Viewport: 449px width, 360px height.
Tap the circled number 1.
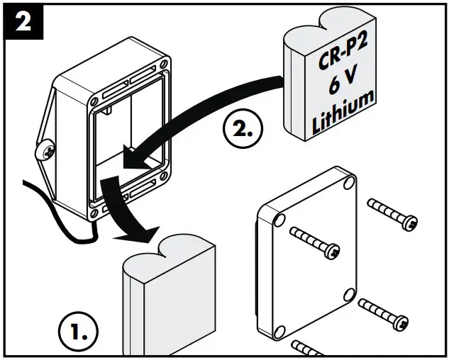[77, 332]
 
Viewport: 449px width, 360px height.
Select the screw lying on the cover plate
[316, 240]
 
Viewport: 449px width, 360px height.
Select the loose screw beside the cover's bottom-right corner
[383, 313]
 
